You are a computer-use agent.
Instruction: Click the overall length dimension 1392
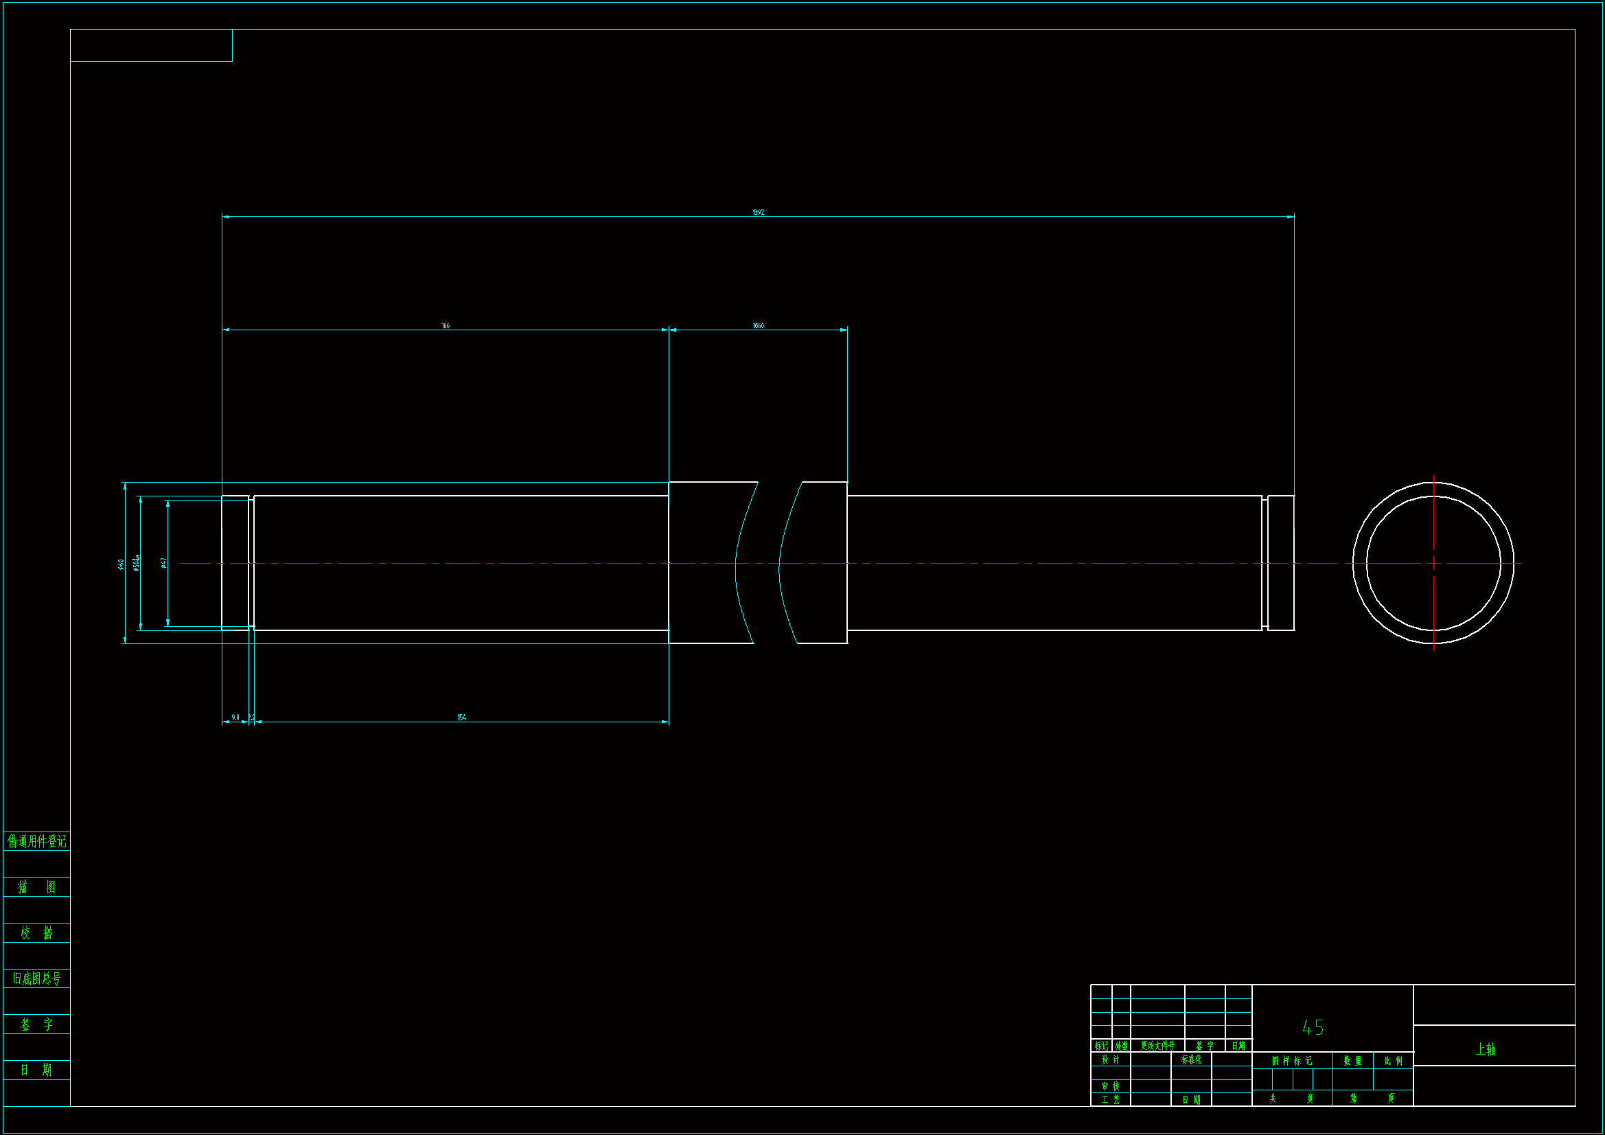pos(758,212)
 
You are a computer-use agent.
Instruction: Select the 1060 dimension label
pos(758,326)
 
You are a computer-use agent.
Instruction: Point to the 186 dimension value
pos(446,326)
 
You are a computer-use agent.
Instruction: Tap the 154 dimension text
pos(461,718)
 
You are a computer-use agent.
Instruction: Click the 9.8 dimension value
pos(235,718)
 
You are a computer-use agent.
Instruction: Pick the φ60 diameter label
pos(121,564)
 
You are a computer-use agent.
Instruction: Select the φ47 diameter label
pos(163,563)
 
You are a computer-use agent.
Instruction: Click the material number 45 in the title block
pos(1313,1027)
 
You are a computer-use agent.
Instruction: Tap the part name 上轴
pos(1485,1049)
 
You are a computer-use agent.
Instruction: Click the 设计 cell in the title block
pos(1110,1059)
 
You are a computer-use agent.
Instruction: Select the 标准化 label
pos(1191,1059)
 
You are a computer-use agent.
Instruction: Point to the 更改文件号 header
pos(1157,1046)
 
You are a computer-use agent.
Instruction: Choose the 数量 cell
pos(1352,1061)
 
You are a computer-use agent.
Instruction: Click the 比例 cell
pos(1393,1061)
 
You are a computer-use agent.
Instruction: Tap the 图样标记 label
pos(1292,1061)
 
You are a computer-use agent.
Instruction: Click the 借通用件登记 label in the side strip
pos(36,841)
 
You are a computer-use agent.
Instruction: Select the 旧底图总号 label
pos(36,978)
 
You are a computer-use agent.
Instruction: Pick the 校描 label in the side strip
pos(36,933)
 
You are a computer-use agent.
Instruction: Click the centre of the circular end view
pos(1433,563)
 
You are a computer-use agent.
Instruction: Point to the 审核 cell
pos(1110,1086)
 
